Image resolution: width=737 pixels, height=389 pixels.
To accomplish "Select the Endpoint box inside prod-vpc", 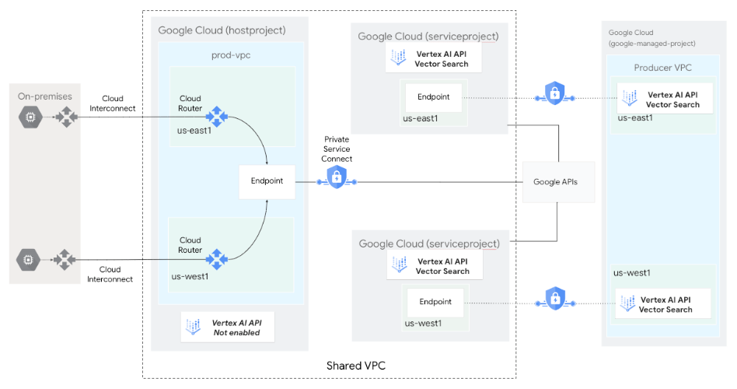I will (x=267, y=180).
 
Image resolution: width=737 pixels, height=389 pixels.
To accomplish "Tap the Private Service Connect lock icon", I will (x=336, y=178).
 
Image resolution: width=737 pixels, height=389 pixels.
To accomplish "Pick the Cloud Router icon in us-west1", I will (x=215, y=259).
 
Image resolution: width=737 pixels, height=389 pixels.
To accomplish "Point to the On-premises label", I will (x=45, y=96).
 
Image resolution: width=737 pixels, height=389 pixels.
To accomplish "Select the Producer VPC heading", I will (x=662, y=68).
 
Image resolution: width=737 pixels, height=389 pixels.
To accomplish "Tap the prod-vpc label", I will (x=231, y=55).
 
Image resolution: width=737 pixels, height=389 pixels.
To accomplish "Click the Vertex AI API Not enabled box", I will (x=228, y=328).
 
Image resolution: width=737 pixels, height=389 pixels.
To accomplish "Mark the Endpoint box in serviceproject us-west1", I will (x=435, y=302).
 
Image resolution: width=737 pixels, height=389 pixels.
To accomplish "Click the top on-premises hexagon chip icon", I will (x=29, y=117).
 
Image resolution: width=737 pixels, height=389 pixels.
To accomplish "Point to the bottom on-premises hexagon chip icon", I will (x=29, y=259).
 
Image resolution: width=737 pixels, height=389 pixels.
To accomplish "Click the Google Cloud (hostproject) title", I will (x=222, y=30).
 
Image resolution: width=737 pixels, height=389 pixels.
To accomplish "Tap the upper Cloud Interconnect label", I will (x=113, y=103).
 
